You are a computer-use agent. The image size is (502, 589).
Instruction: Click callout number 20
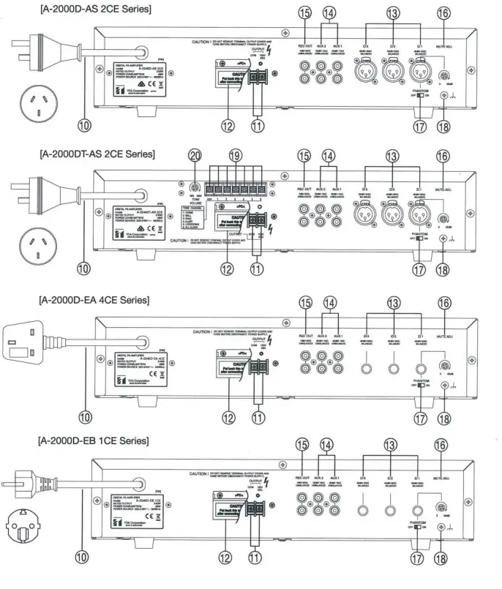[x=194, y=156]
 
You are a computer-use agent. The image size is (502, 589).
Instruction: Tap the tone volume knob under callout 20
[x=194, y=186]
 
